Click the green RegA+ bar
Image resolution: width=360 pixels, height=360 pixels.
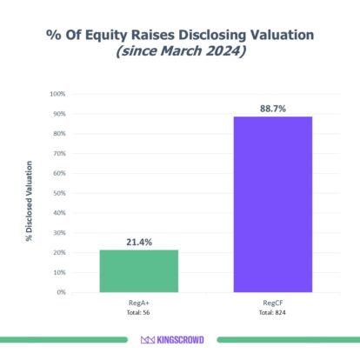pyautogui.click(x=139, y=270)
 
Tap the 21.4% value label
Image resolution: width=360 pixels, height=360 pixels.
pyautogui.click(x=139, y=241)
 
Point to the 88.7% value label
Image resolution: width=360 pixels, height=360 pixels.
pyautogui.click(x=272, y=107)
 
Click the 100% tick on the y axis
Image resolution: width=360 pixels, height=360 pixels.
pyautogui.click(x=57, y=94)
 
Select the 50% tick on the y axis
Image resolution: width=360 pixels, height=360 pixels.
pyautogui.click(x=59, y=193)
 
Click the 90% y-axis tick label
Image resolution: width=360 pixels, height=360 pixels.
pyautogui.click(x=59, y=114)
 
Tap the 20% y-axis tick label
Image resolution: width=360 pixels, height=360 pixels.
pyautogui.click(x=59, y=252)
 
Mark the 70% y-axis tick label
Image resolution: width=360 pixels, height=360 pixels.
pyautogui.click(x=59, y=153)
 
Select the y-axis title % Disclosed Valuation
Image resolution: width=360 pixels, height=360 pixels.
pyautogui.click(x=30, y=199)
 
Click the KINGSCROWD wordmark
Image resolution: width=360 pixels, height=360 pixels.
pyautogui.click(x=187, y=340)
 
